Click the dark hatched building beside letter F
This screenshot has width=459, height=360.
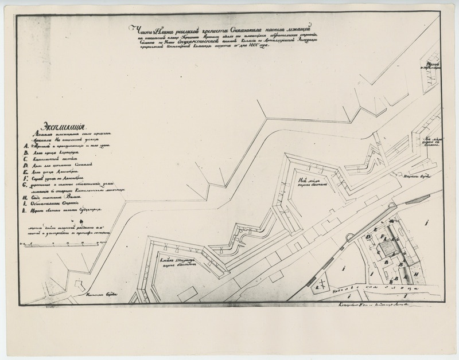(x=385, y=248)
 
